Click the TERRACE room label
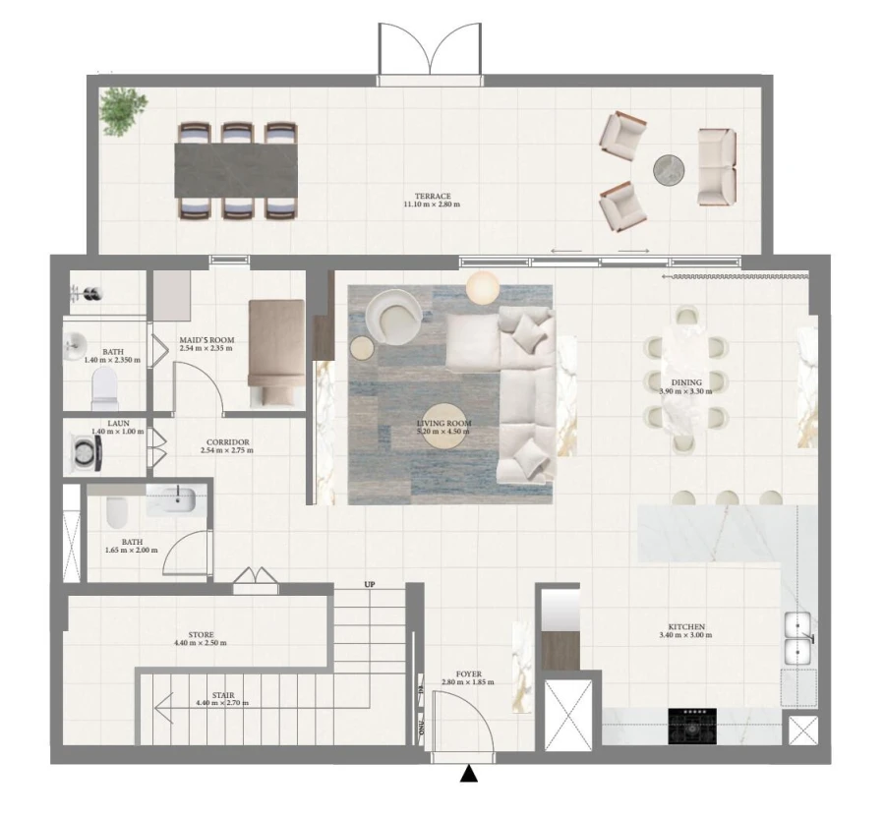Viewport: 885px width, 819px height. point(432,196)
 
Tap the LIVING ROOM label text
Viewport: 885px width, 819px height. point(443,424)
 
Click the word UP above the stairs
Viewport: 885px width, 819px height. point(370,585)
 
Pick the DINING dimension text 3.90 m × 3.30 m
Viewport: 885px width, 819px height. point(686,391)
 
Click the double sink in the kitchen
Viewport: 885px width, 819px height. point(796,637)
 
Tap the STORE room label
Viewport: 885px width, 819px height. point(201,635)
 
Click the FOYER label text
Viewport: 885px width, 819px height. point(467,673)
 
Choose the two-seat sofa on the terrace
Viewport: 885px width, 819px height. point(717,167)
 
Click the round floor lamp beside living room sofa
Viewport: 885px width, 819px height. point(483,287)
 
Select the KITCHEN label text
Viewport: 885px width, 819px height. point(686,627)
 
